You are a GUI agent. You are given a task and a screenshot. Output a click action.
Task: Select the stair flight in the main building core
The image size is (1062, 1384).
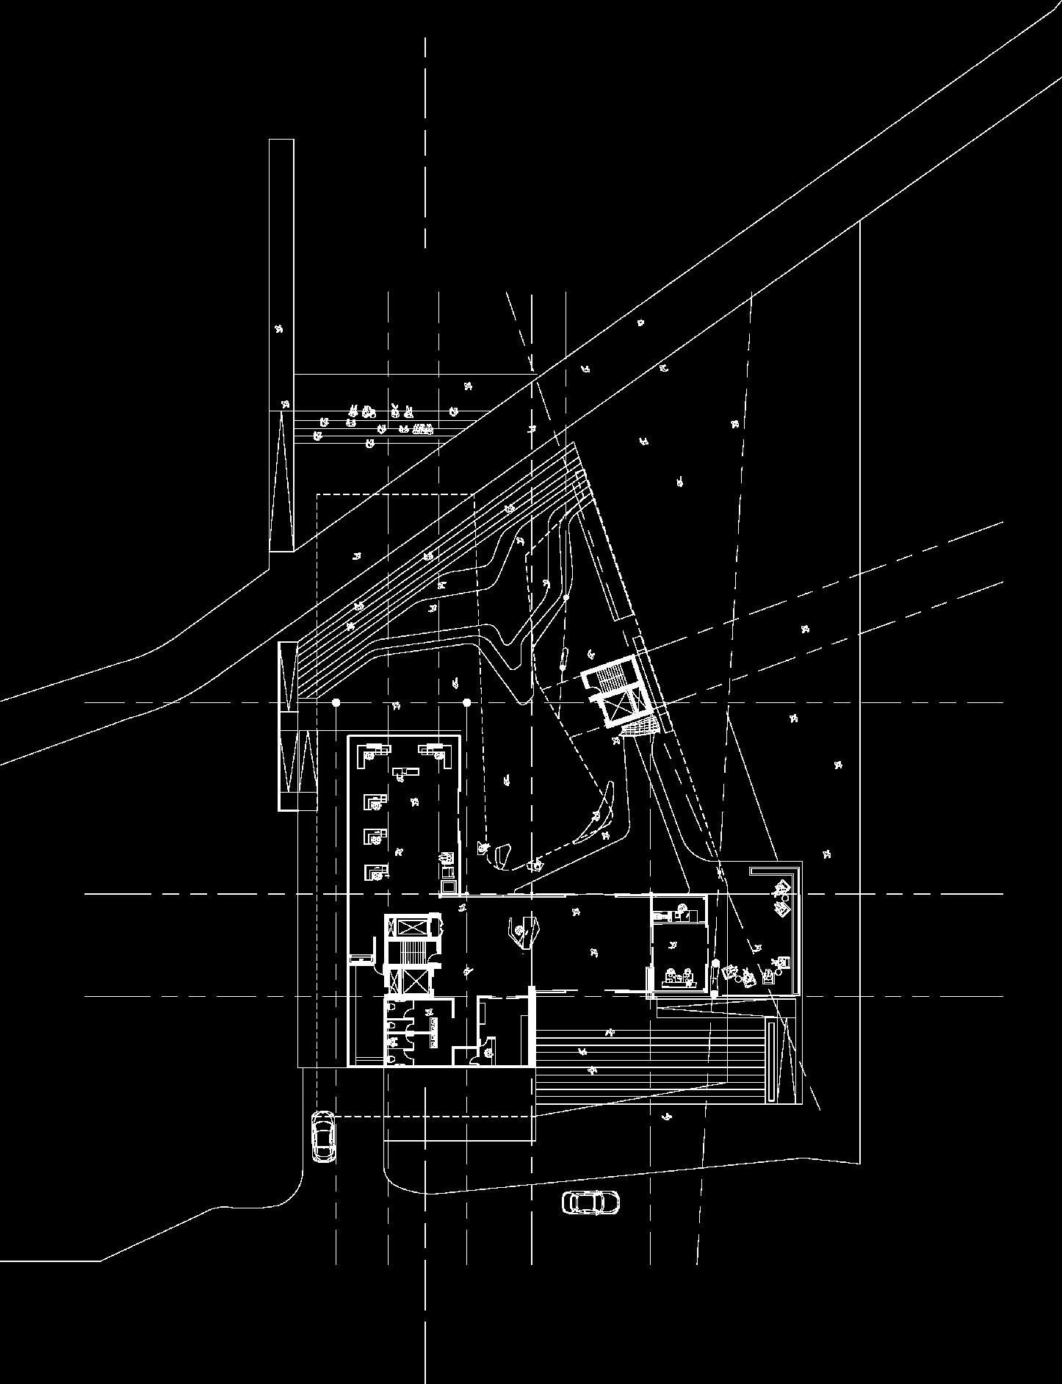[411, 952]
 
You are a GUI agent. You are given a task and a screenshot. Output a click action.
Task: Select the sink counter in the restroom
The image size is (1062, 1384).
[433, 1031]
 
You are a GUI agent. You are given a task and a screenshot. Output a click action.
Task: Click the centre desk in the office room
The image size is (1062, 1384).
[405, 771]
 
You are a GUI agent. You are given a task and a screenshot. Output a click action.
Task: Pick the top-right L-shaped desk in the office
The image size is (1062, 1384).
[436, 752]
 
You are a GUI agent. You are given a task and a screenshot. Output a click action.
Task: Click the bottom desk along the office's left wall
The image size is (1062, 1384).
[376, 871]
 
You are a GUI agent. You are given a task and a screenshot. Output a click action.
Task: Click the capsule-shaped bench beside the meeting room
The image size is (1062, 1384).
[714, 977]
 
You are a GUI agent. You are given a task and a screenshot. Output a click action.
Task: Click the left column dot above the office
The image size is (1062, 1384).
[336, 703]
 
